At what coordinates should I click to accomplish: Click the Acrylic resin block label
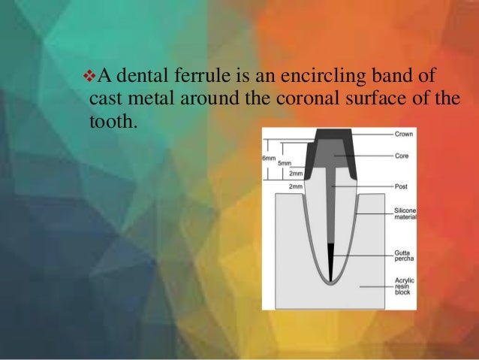[403, 286]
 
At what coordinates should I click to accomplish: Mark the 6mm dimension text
[268, 159]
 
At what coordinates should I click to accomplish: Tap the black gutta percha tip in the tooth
[332, 260]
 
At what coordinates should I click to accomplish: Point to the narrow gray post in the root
[332, 210]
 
